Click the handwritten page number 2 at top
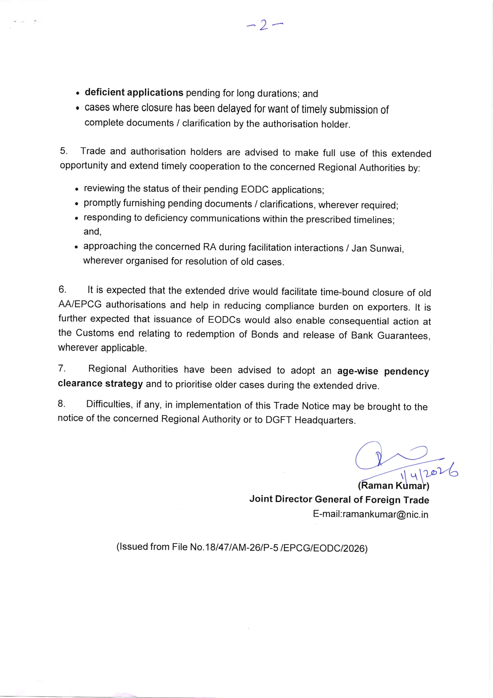[x=263, y=25]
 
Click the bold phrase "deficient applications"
[x=134, y=92]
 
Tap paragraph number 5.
[x=64, y=151]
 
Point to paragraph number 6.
[x=62, y=289]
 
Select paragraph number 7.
[x=62, y=368]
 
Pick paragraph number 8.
[x=61, y=404]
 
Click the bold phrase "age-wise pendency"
[x=383, y=371]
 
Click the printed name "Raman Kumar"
[x=393, y=486]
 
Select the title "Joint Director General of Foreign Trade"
[x=339, y=500]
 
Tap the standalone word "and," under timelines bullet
[x=92, y=231]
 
